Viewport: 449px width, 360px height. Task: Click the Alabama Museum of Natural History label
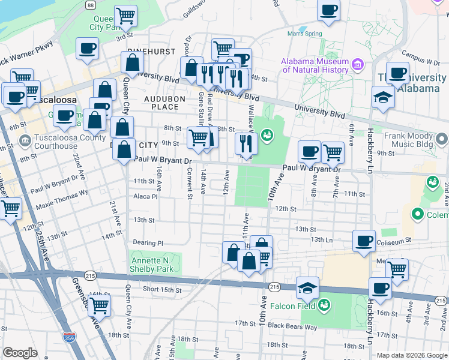[x=315, y=66]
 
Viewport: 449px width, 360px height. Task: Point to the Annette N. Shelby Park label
[x=155, y=265]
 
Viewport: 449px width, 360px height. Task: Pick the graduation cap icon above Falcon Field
[x=307, y=287]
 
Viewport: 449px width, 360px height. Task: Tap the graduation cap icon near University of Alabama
[x=382, y=97]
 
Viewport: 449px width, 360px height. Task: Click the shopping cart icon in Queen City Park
[x=125, y=16]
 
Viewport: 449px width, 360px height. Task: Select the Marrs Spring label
[x=305, y=34]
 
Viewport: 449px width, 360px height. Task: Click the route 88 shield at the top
[x=90, y=5]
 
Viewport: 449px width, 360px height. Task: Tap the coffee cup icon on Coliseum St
[x=364, y=241]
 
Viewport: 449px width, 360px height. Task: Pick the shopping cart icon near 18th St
[x=98, y=306]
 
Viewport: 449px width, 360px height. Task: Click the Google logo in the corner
[x=20, y=353]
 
